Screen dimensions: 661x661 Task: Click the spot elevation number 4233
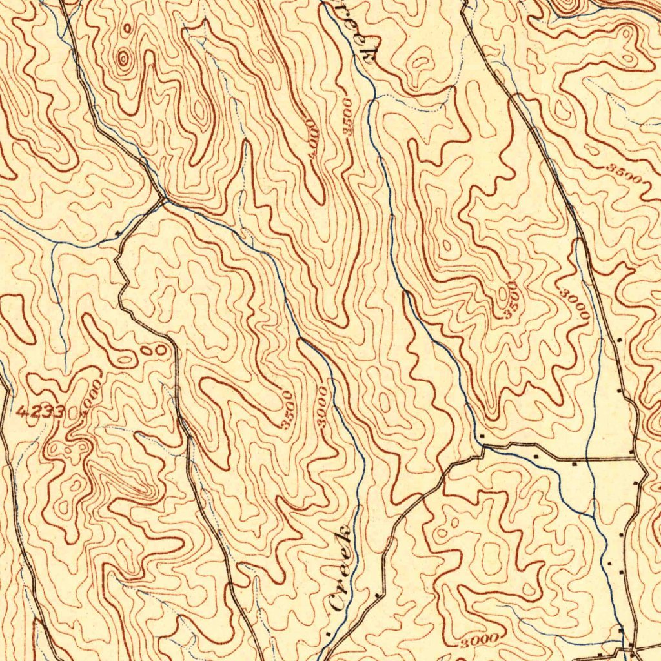pos(40,411)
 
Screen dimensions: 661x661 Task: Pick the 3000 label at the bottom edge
pos(480,640)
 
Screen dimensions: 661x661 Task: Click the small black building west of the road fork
pos(117,232)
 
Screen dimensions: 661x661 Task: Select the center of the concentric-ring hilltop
pos(122,59)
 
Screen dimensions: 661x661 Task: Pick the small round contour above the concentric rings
pos(128,28)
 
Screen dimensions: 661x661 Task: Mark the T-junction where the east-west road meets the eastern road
pos(635,460)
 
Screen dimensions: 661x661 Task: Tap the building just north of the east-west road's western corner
pos(482,438)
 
